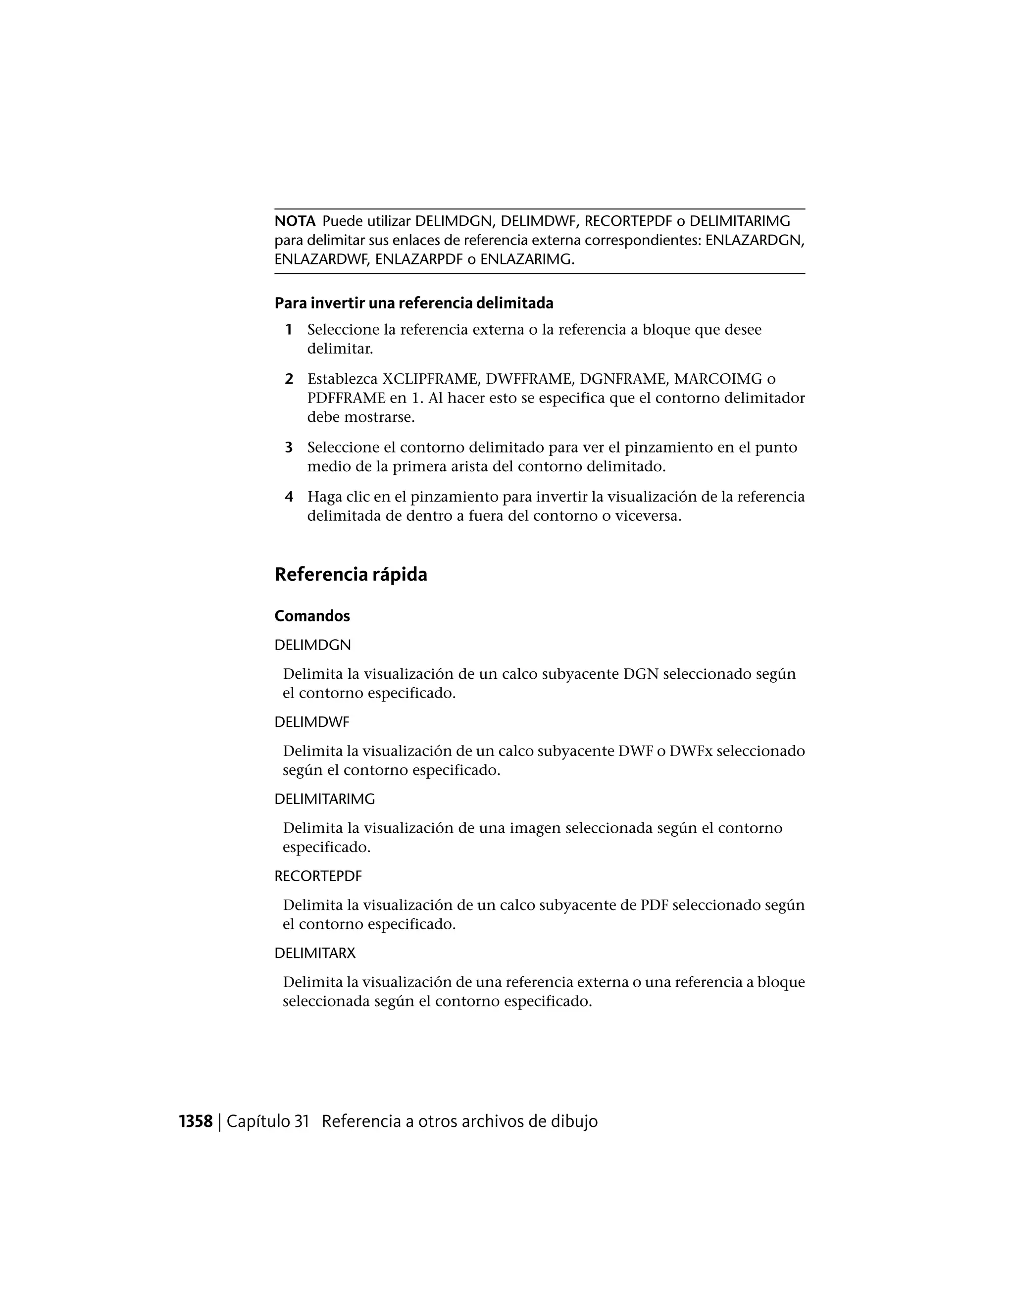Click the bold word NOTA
295,222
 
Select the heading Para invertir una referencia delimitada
413,303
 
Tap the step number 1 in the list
289,330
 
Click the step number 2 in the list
289,379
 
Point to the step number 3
289,448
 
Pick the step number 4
289,497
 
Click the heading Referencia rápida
351,575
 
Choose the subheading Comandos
312,616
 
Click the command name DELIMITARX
315,954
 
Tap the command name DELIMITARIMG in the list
324,800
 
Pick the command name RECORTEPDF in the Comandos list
318,876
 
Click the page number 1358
196,1121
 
